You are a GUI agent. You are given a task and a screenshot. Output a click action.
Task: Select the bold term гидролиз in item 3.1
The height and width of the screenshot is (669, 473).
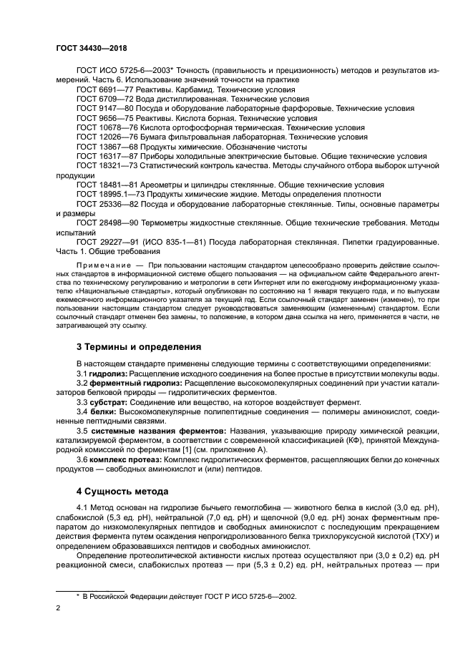coord(107,373)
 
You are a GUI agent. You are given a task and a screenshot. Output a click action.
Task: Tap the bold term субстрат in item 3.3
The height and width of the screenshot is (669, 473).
coord(107,402)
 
